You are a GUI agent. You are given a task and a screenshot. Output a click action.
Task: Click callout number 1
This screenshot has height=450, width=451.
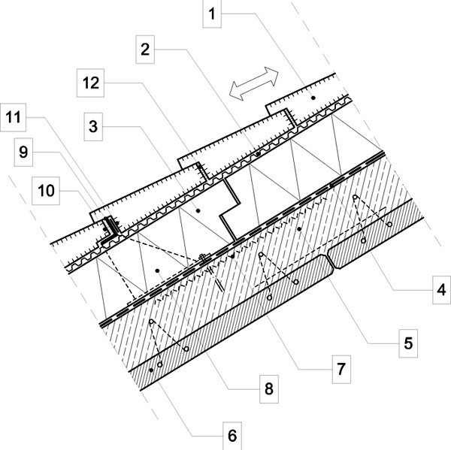coord(212,14)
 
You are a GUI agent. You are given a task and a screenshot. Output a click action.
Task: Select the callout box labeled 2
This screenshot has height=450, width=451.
coord(145,50)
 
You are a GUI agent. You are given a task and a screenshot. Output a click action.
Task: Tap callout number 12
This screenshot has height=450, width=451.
coord(91,83)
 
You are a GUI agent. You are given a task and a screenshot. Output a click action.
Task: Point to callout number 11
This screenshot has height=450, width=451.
coord(14,117)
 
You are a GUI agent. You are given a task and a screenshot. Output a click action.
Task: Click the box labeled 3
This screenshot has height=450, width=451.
coord(93,126)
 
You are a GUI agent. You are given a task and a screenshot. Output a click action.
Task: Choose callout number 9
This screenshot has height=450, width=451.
coord(23,152)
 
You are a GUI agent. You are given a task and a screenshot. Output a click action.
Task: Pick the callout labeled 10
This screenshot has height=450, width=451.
coord(46,191)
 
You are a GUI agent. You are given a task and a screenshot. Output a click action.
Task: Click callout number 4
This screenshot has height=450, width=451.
coord(441,290)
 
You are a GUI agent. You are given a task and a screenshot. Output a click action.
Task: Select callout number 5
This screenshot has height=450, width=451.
coord(408,343)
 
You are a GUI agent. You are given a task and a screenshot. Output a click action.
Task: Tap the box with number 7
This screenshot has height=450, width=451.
coord(341,369)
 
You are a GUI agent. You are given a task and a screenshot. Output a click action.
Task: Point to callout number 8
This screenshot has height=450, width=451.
coord(269,389)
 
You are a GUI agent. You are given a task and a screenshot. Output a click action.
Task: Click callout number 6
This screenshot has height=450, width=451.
coord(232,436)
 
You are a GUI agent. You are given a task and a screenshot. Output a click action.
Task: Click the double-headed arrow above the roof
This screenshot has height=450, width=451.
coord(254,83)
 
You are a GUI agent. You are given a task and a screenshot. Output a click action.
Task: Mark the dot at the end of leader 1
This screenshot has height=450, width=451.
coord(313,98)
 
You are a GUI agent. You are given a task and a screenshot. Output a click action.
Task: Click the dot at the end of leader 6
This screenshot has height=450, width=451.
coord(151,370)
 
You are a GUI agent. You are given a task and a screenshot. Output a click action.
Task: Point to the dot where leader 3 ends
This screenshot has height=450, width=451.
coord(198,211)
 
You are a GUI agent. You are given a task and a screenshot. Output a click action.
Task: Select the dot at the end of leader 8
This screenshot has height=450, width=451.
coord(157,270)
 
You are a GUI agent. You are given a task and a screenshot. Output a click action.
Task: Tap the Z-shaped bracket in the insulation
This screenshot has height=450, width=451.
coord(230,210)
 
